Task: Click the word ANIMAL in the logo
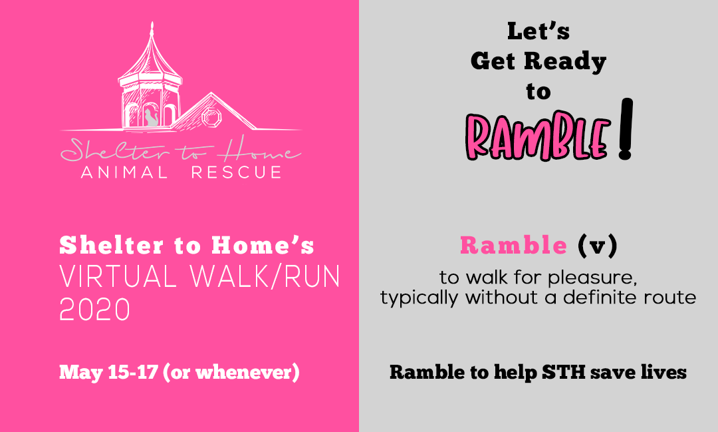tap(124, 172)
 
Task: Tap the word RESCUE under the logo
tap(236, 172)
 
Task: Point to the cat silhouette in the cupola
tap(151, 117)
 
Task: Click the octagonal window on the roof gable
tap(211, 117)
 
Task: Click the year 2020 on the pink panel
tap(95, 310)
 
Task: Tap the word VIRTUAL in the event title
tap(118, 276)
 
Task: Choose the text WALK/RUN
tap(265, 276)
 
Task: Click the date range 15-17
tap(133, 372)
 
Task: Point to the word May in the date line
tap(82, 372)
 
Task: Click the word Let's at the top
tap(538, 31)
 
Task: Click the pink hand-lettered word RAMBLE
tap(538, 136)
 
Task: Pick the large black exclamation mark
tap(626, 128)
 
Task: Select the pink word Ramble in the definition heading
tap(514, 245)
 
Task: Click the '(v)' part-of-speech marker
tap(598, 246)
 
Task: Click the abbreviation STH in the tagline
tap(564, 372)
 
